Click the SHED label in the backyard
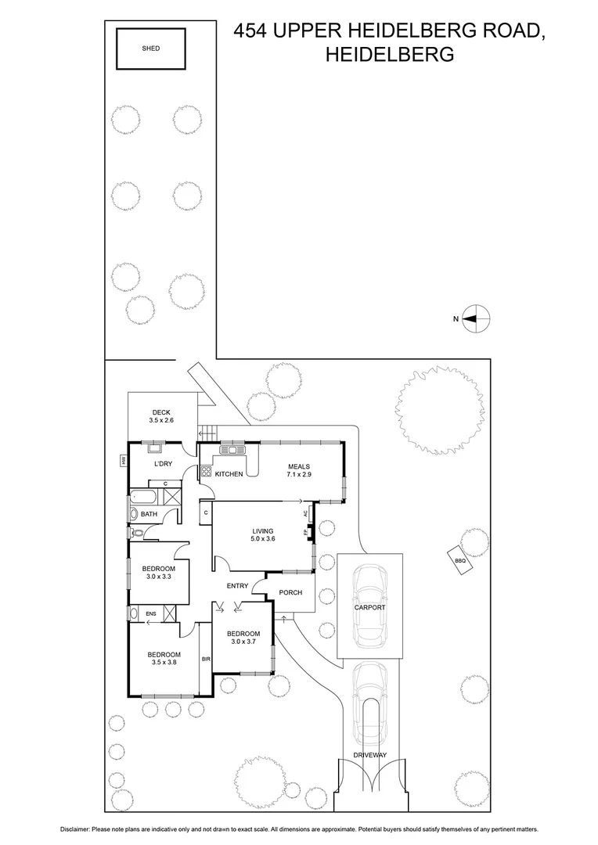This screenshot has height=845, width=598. click(x=150, y=49)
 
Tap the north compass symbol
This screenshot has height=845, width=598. click(x=475, y=318)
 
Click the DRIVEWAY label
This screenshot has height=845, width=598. click(x=370, y=755)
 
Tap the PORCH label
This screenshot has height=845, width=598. click(x=290, y=592)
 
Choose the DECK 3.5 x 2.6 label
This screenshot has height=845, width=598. click(x=160, y=416)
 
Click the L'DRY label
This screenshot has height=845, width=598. click(x=163, y=464)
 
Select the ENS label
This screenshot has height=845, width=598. click(x=150, y=614)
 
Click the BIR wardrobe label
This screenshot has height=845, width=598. click(x=206, y=660)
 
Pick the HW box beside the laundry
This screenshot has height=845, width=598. click(x=124, y=461)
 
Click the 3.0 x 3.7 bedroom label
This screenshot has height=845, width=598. click(x=243, y=638)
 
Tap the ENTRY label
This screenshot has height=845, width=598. click(x=237, y=586)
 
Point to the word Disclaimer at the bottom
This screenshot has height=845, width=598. click(x=74, y=829)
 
